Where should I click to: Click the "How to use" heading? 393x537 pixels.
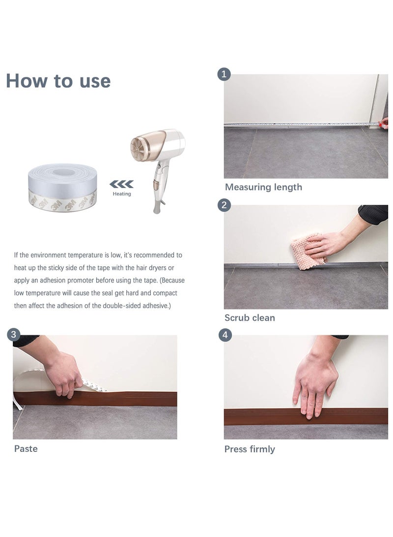coord(58,81)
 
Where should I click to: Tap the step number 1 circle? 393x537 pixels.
coord(224,74)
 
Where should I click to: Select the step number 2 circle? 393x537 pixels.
coord(224,205)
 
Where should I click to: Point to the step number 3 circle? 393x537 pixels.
coord(14,334)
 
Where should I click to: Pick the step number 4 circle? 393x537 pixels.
coord(225,335)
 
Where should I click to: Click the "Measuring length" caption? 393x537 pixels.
coord(263,188)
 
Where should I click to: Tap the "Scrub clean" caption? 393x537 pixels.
coord(250,318)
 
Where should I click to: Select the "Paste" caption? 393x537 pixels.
coord(26,448)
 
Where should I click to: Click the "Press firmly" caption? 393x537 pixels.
coord(250,449)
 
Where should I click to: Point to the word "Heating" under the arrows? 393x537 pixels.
coord(122,194)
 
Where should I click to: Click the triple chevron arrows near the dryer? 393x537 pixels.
coord(121,184)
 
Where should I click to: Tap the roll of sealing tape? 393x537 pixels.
coord(62,188)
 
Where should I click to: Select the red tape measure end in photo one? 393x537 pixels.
coord(384,123)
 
